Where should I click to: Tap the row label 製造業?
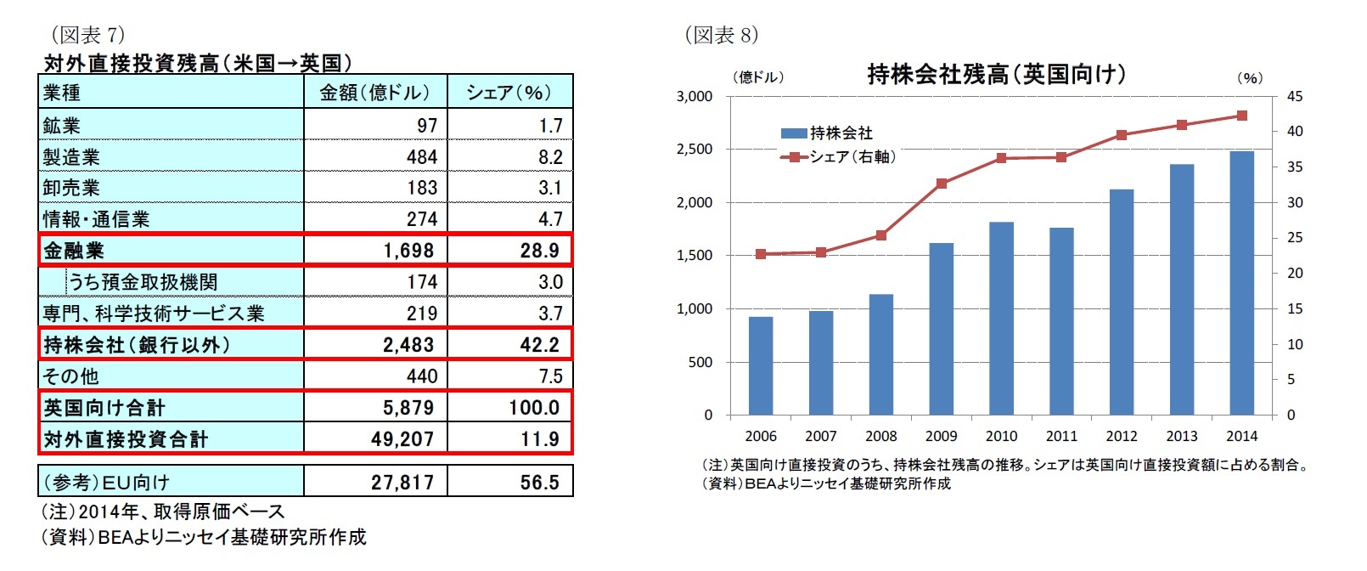pos(72,157)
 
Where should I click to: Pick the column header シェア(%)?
pos(509,93)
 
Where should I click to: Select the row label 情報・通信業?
pos(96,219)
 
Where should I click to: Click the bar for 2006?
pos(761,366)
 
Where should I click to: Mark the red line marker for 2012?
pos(1122,135)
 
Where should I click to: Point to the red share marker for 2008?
pos(881,235)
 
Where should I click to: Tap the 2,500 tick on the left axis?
pos(694,150)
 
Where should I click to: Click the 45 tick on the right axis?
pos(1294,97)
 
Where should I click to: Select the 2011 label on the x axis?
pos(1061,436)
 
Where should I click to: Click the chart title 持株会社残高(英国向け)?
pos(996,75)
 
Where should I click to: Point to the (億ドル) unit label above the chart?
pos(758,77)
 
